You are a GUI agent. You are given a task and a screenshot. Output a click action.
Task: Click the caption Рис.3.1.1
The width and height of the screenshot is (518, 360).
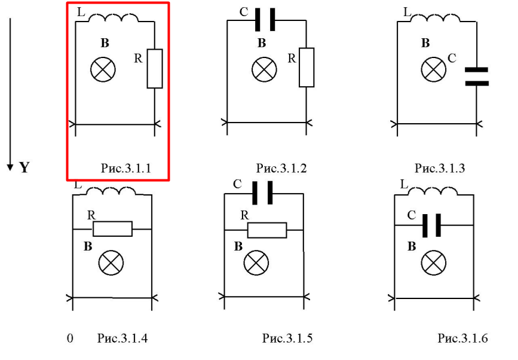(x=125, y=169)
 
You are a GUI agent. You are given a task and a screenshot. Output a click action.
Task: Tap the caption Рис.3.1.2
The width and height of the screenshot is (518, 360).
(x=281, y=169)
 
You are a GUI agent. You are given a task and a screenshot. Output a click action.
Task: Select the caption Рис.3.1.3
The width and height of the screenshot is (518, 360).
(x=440, y=169)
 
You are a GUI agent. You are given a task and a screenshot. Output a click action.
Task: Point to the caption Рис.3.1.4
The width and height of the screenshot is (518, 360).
(x=122, y=339)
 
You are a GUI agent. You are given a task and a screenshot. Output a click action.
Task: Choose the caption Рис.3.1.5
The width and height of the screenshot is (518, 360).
(x=287, y=339)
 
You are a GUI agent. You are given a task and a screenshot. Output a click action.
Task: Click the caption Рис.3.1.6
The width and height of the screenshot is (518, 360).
(x=463, y=339)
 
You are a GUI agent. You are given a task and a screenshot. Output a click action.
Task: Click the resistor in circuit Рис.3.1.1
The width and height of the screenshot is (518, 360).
(x=154, y=69)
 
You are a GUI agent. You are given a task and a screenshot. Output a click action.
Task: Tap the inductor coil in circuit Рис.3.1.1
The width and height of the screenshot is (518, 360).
(x=113, y=20)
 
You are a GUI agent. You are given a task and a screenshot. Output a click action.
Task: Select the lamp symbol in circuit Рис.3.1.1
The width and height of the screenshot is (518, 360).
(x=103, y=71)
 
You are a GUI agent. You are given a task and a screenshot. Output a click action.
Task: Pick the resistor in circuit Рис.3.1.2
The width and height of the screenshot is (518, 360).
(x=306, y=67)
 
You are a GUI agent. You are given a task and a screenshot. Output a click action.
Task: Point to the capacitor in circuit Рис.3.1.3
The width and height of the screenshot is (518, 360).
(x=477, y=77)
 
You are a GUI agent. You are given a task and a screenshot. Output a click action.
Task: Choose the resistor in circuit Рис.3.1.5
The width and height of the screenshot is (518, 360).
(x=267, y=229)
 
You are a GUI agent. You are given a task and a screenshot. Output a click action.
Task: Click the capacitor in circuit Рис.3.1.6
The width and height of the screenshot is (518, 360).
(x=432, y=225)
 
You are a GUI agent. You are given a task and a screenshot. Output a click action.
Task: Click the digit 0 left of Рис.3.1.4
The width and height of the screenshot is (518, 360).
(x=70, y=339)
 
